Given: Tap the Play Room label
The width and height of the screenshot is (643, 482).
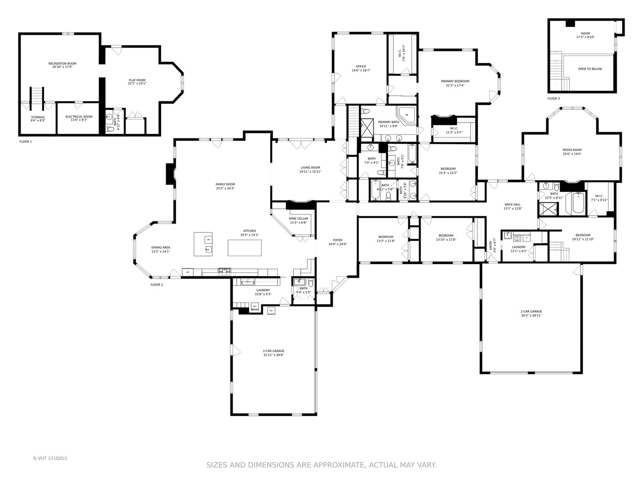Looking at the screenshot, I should [137, 80].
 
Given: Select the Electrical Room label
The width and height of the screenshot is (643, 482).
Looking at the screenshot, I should [79, 116].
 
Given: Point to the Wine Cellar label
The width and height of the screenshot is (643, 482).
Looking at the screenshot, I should [298, 218].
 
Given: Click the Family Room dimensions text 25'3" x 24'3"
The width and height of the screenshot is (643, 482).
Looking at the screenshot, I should [225, 188].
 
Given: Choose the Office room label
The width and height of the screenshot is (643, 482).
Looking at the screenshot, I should [361, 66].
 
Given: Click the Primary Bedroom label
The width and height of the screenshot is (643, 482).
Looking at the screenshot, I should [455, 81].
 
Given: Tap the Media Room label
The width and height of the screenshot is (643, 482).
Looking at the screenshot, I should [572, 150].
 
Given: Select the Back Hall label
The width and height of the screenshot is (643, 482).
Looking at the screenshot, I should [513, 204].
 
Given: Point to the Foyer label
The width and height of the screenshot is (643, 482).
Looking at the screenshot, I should [338, 240].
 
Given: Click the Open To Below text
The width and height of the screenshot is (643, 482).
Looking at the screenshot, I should [590, 69].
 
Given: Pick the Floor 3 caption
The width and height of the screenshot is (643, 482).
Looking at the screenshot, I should [553, 98].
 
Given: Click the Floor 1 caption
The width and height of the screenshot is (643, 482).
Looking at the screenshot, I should [25, 141].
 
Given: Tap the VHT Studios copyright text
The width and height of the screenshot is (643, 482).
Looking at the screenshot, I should [50, 458].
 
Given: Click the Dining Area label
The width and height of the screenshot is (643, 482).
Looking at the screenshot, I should [160, 247].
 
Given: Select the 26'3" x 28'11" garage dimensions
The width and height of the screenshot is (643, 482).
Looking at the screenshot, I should [531, 316].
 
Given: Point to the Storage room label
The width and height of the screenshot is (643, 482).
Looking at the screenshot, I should [38, 117].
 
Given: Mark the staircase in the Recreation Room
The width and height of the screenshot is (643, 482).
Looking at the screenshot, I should [36, 98].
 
